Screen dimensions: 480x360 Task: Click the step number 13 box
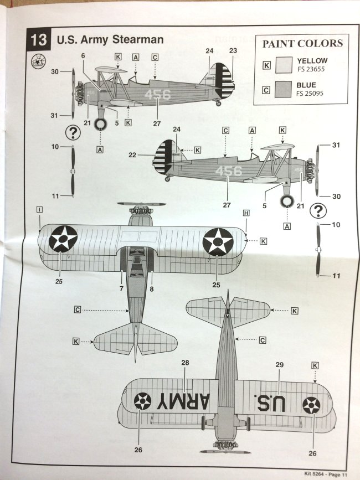pos(39,40)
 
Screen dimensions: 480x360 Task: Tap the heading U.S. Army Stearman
pos(110,40)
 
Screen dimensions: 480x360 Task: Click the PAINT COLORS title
pos(302,44)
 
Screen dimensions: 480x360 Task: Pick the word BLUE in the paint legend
pos(307,85)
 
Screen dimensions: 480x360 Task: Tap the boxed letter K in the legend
pos(267,65)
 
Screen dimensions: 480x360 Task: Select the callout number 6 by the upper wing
pos(83,55)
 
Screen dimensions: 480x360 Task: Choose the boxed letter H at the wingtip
pos(246,213)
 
